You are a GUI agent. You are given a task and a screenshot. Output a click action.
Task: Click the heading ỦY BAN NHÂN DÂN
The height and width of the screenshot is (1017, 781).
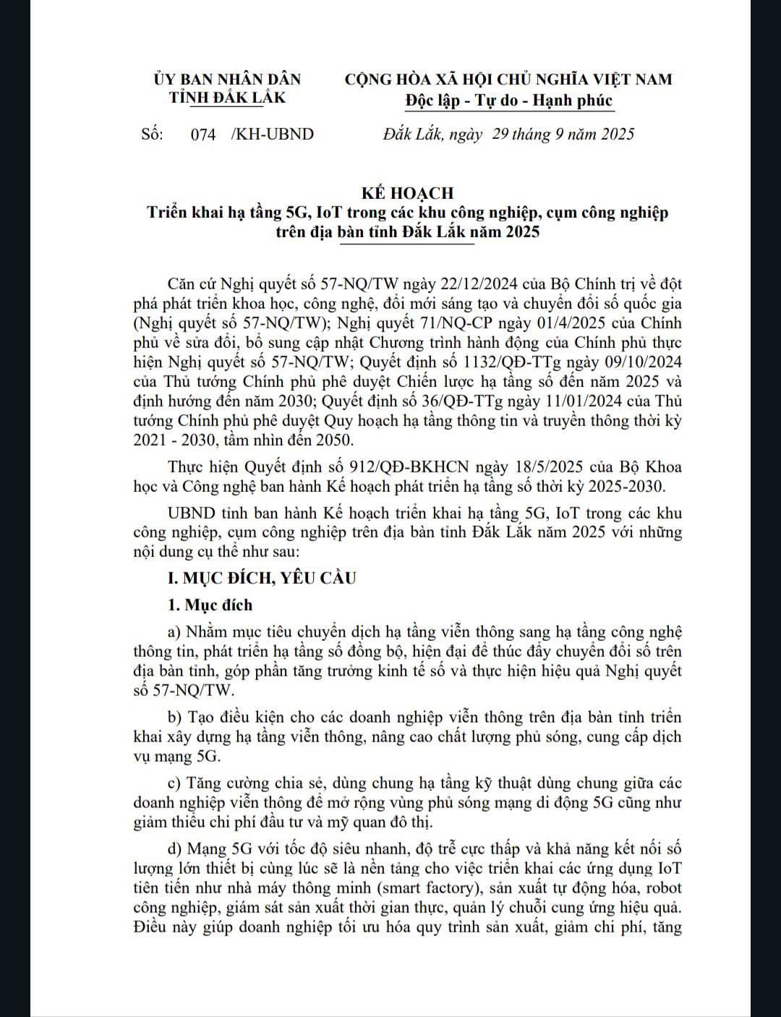[227, 79]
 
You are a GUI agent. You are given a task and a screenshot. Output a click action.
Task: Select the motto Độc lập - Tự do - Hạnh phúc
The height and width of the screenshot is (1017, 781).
[509, 101]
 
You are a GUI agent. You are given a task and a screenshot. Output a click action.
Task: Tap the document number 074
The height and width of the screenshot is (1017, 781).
[203, 135]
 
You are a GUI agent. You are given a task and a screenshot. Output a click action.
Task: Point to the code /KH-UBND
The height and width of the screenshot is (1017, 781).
[272, 135]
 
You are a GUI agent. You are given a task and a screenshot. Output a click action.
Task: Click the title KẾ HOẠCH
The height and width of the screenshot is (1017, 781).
[408, 193]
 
